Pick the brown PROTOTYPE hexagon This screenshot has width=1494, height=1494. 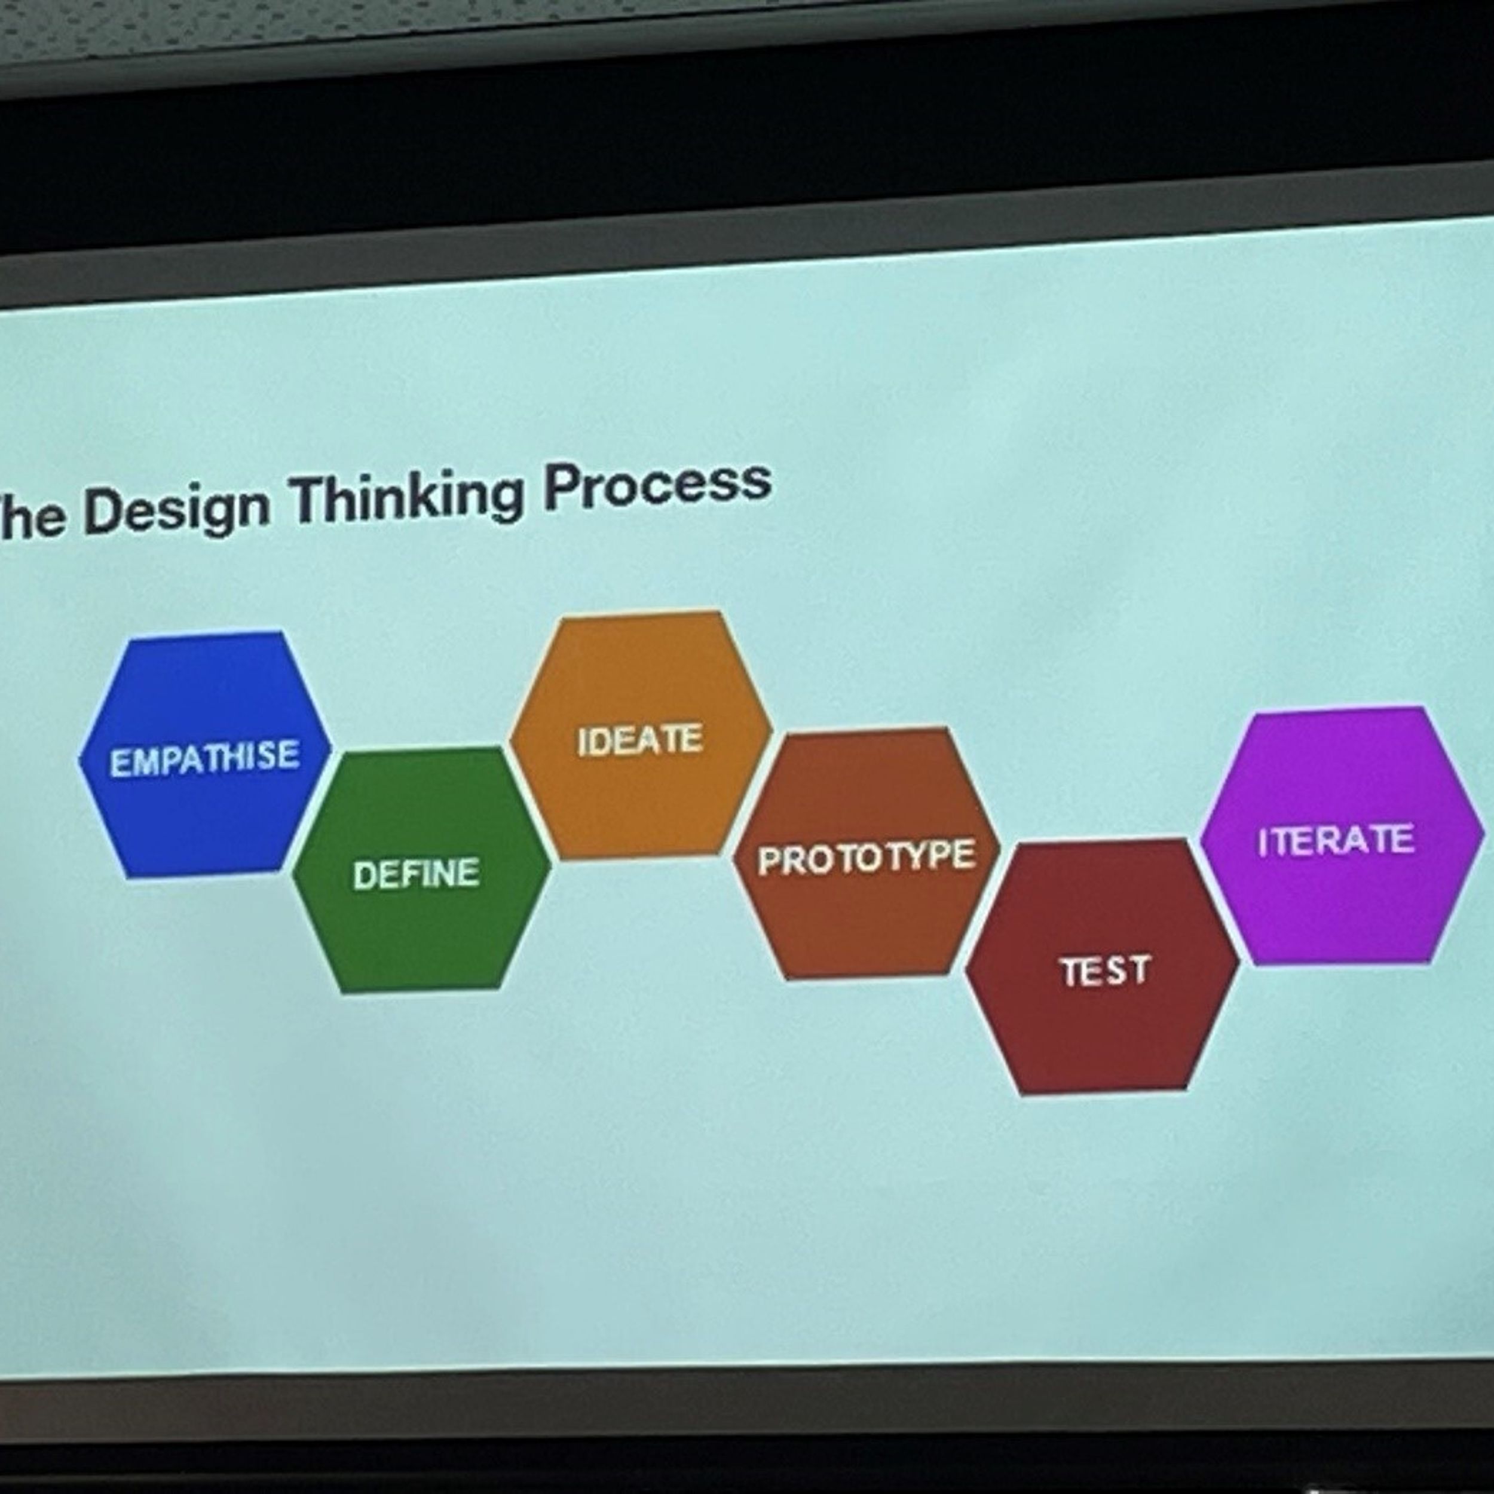866,854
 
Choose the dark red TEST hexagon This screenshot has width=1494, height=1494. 1103,966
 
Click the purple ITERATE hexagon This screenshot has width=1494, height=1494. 1342,836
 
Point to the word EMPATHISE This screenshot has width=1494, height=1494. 205,758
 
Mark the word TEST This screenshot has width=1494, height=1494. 1106,971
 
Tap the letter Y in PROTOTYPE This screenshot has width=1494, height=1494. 911,857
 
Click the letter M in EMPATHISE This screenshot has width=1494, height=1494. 144,762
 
